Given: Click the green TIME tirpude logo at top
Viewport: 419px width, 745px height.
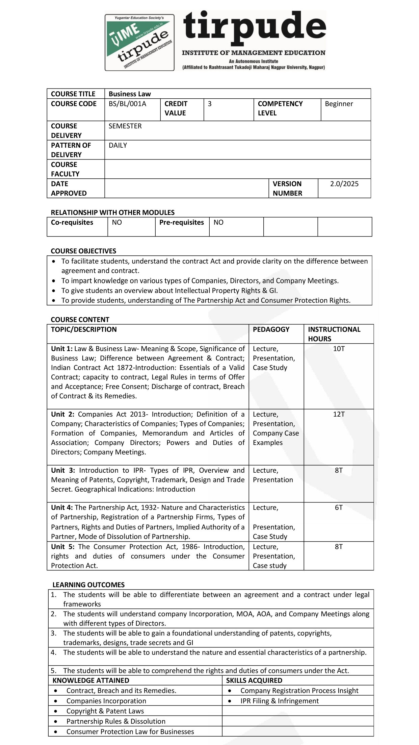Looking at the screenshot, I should [x=139, y=42].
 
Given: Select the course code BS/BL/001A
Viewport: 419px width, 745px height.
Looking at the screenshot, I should [x=127, y=104].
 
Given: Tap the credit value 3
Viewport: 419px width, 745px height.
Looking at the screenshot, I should [x=210, y=104].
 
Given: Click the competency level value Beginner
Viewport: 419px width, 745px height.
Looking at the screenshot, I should [x=339, y=104].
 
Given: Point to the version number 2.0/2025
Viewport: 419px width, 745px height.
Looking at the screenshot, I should [x=344, y=184].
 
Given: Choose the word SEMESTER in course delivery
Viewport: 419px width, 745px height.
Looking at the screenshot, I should [x=125, y=126].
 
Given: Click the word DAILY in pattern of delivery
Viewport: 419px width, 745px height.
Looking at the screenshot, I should [x=118, y=145].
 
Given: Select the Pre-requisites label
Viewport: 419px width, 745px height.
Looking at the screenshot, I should [x=181, y=222].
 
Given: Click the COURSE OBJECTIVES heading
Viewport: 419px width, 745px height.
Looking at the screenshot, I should [x=83, y=251].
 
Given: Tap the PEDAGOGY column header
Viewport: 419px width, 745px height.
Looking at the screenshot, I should [x=271, y=329].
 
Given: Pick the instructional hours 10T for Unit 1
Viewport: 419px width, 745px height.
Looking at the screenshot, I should [x=339, y=349].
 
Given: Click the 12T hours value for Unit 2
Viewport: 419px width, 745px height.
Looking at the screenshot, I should [x=339, y=414].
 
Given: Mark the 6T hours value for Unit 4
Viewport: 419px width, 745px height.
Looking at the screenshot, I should [x=339, y=507].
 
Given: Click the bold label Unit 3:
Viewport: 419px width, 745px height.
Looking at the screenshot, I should [x=63, y=470].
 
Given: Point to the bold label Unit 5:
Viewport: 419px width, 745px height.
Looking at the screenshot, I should [x=62, y=547].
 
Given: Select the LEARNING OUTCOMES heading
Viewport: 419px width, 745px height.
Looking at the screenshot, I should [x=88, y=585].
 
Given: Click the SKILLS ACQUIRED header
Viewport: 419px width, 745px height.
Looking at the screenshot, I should [x=254, y=680].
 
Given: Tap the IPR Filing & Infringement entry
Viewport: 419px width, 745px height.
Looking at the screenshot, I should [x=279, y=701].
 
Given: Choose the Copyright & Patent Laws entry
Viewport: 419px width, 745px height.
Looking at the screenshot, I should [x=105, y=711].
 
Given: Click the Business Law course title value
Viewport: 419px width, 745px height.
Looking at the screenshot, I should [x=130, y=94].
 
